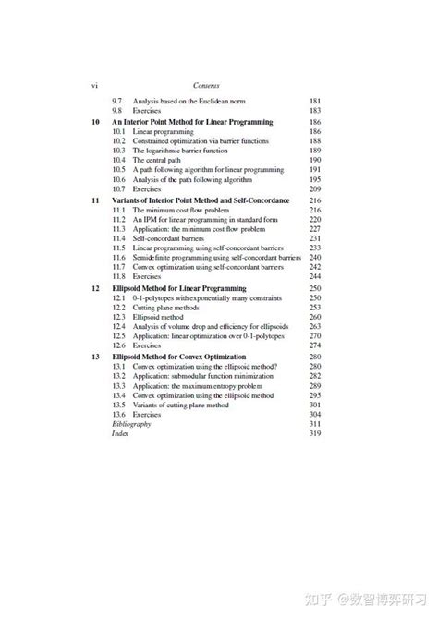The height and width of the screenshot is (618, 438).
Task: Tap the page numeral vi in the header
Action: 94,85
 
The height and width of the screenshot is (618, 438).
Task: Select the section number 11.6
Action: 119,258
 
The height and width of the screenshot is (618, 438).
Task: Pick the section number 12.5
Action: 119,336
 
